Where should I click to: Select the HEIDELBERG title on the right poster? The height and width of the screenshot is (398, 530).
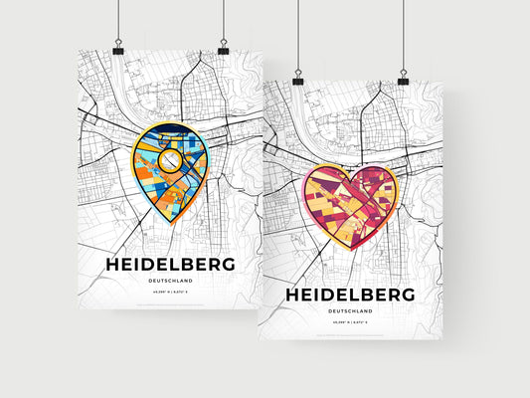point(350,296)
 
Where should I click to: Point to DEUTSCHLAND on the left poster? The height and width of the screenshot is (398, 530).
point(169,282)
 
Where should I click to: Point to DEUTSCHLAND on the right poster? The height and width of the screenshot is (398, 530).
point(350,311)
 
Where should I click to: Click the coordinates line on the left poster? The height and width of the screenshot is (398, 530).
point(169,293)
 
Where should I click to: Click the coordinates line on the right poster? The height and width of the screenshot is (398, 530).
point(350,323)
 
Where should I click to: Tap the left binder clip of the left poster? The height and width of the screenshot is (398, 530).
point(118,48)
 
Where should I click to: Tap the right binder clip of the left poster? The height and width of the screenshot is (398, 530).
point(223,48)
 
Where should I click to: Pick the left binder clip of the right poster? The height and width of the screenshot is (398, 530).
point(297,77)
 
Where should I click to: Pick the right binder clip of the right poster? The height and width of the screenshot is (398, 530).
point(403,77)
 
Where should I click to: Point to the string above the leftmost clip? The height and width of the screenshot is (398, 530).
point(118,20)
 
